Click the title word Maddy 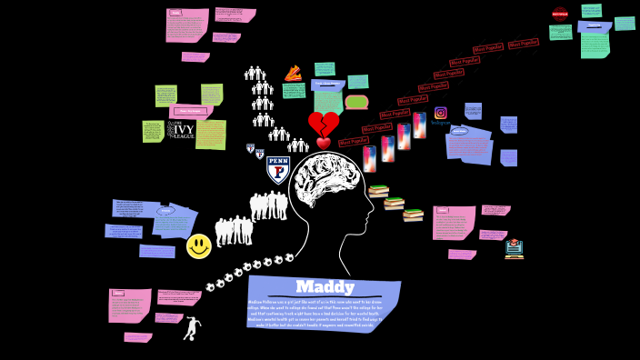pyautogui.click(x=325, y=287)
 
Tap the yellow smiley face pyautogui.click(x=199, y=246)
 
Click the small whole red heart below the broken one pyautogui.click(x=324, y=143)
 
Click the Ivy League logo pyautogui.click(x=182, y=130)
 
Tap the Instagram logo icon pyautogui.click(x=440, y=113)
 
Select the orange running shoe pyautogui.click(x=293, y=74)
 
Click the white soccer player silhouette pyautogui.click(x=192, y=328)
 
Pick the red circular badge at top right pyautogui.click(x=560, y=14)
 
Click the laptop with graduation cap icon pyautogui.click(x=515, y=248)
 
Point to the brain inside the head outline pyautogui.click(x=331, y=182)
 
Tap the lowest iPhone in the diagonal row pyautogui.click(x=370, y=159)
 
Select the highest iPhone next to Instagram pyautogui.click(x=419, y=125)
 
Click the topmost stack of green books pyautogui.click(x=378, y=191)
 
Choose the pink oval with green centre pyautogui.click(x=356, y=102)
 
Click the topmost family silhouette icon pyautogui.click(x=255, y=74)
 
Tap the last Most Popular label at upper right pyautogui.click(x=524, y=43)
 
